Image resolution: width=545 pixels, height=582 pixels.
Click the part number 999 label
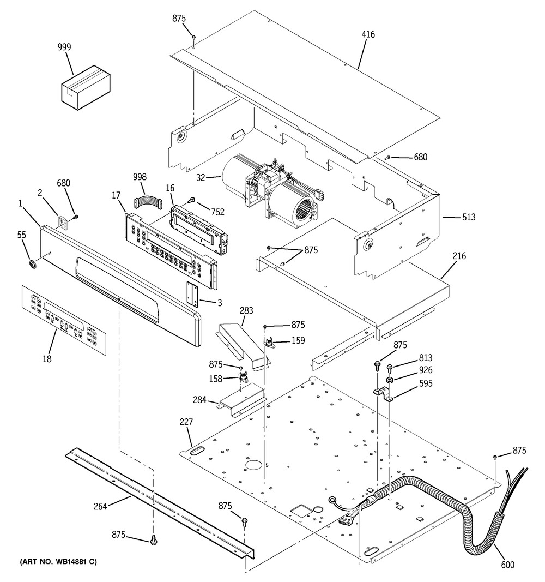[64, 47]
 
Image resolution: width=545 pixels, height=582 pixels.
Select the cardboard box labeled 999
[86, 88]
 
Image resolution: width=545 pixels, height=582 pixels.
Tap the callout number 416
[368, 34]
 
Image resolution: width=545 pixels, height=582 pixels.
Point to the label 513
[469, 217]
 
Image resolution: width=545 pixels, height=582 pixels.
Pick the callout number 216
[459, 256]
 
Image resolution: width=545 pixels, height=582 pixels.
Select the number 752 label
[218, 212]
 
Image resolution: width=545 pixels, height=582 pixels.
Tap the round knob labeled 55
[33, 265]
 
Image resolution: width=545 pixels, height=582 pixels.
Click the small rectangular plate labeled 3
[192, 293]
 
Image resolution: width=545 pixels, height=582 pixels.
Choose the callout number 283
[246, 310]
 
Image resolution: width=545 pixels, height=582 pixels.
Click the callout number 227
[186, 422]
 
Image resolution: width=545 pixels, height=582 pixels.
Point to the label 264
[100, 506]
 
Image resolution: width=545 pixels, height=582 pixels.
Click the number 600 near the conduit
[507, 565]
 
